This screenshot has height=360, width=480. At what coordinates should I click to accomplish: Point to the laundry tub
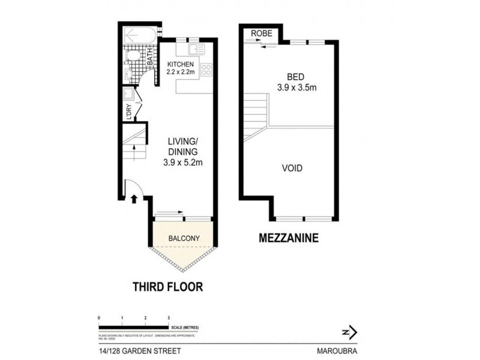128,95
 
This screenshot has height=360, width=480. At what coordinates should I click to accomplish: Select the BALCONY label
184,238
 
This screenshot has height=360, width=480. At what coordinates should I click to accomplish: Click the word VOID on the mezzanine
292,169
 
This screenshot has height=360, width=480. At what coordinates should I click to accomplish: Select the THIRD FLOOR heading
167,287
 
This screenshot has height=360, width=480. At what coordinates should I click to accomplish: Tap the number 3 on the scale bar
169,317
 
